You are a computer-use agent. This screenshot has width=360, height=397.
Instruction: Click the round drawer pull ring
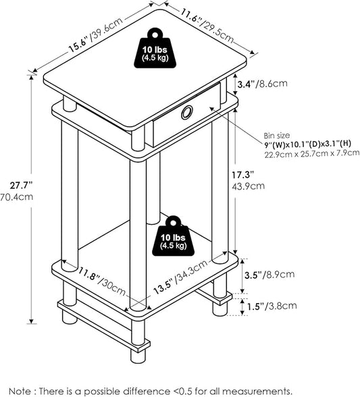[187, 112]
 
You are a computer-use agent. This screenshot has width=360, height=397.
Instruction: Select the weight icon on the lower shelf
[174, 236]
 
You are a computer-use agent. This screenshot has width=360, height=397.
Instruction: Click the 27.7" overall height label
[22, 186]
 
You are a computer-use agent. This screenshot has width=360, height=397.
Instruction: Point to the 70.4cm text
[16, 196]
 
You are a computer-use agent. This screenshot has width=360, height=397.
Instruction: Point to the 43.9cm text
[249, 186]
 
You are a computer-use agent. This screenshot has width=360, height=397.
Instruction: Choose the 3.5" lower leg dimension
[253, 275]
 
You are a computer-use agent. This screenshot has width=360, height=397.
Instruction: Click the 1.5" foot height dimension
[256, 307]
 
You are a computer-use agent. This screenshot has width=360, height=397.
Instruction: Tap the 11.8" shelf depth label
[88, 275]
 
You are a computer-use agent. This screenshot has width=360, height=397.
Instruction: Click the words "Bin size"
[277, 136]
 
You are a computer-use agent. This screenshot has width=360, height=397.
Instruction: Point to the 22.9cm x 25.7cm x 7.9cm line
[312, 153]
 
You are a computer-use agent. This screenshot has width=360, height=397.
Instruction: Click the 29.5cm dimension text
[218, 31]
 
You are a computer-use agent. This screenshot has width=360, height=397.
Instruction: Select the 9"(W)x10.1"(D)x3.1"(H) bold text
[307, 144]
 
